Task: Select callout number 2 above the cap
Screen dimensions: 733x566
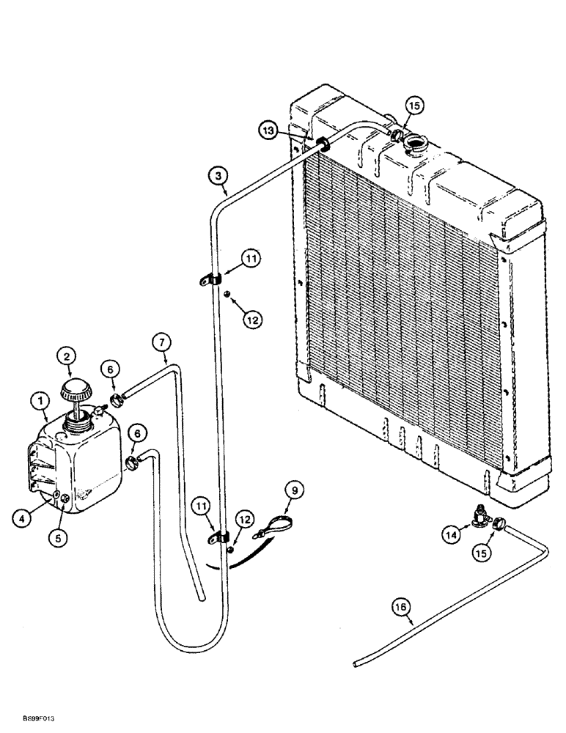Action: (67, 357)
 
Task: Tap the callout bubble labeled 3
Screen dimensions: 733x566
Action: (217, 175)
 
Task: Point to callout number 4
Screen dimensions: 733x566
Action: (23, 517)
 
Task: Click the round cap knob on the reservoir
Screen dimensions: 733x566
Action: (76, 388)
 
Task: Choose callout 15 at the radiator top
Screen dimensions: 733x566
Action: (415, 106)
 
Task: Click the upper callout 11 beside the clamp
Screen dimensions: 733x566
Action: (251, 258)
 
